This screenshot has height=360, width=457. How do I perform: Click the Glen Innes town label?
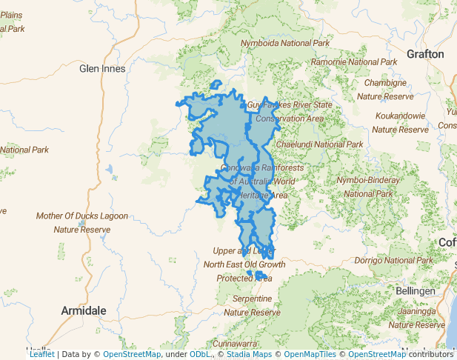coord(102,69)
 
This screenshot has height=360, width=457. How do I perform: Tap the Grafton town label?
coord(425,54)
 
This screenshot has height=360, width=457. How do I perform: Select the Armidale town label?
coord(84,310)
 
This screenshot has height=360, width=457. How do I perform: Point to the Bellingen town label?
coord(416,292)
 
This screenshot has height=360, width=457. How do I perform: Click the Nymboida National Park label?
coord(285,44)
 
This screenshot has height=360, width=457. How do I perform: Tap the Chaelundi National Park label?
coord(319,144)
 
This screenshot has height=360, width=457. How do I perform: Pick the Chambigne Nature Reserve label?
coord(386,90)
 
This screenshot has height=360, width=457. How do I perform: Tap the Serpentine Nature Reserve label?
coord(252,305)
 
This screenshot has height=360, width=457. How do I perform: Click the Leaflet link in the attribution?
coord(41,354)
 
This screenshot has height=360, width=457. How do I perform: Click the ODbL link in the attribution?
coord(199,354)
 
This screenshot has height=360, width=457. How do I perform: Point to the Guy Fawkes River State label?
coord(290,105)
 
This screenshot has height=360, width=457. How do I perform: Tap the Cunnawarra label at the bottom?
coord(235,344)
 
